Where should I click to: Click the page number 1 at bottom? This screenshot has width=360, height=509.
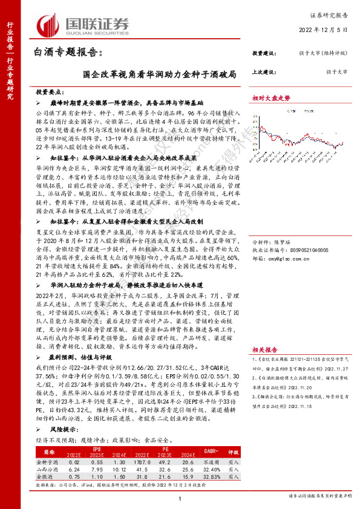tap(180, 498)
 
